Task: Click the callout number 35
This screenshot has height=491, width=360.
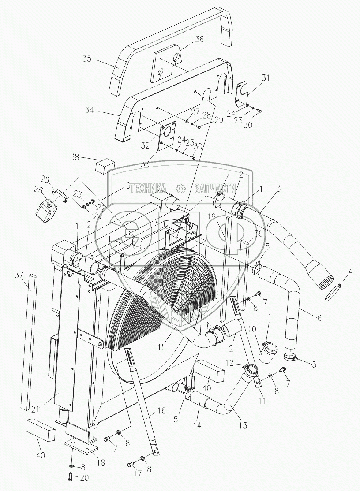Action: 87,59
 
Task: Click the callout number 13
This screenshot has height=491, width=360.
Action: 242,425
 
